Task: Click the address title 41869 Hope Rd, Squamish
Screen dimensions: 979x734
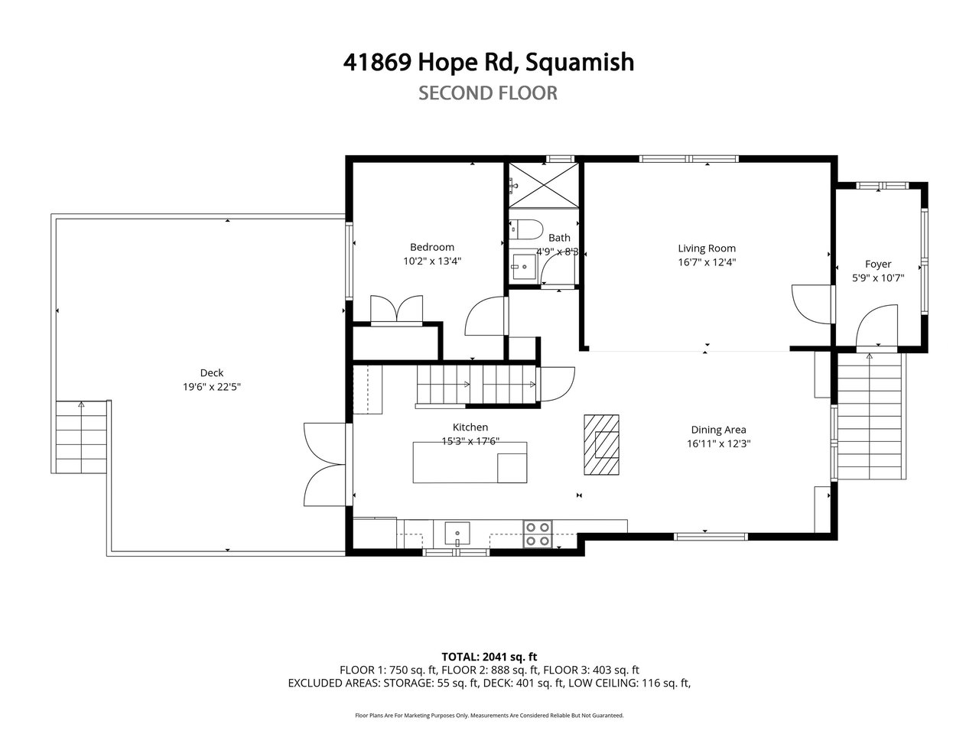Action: point(489,63)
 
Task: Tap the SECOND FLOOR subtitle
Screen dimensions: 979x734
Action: point(488,93)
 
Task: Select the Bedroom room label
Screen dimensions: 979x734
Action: point(431,247)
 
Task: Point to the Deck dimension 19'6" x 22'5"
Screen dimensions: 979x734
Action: point(211,386)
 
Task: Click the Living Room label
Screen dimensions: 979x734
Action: point(707,248)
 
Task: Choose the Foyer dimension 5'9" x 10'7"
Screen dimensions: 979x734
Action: point(878,278)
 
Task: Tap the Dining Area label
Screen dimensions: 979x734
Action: point(718,430)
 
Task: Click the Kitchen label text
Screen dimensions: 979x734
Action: point(470,427)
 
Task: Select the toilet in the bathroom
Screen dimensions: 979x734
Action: point(526,229)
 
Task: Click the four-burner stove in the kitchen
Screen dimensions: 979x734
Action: point(538,534)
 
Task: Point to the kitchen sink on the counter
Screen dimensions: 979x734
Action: point(457,534)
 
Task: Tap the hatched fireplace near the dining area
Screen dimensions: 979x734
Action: point(601,445)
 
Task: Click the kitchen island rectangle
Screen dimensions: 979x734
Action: point(470,462)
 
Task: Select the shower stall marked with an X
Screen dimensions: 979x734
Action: point(544,185)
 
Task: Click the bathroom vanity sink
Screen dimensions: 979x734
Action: point(523,267)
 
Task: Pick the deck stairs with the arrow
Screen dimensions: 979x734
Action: point(81,437)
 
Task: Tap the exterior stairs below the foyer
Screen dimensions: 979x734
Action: point(870,416)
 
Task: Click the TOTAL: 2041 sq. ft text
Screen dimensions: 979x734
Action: point(489,657)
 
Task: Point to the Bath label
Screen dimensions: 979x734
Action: point(559,238)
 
